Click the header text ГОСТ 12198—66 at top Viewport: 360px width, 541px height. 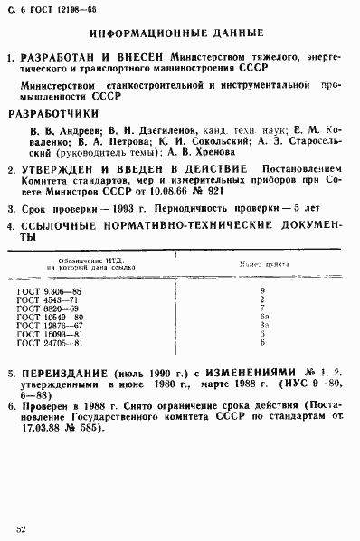[53, 11]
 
